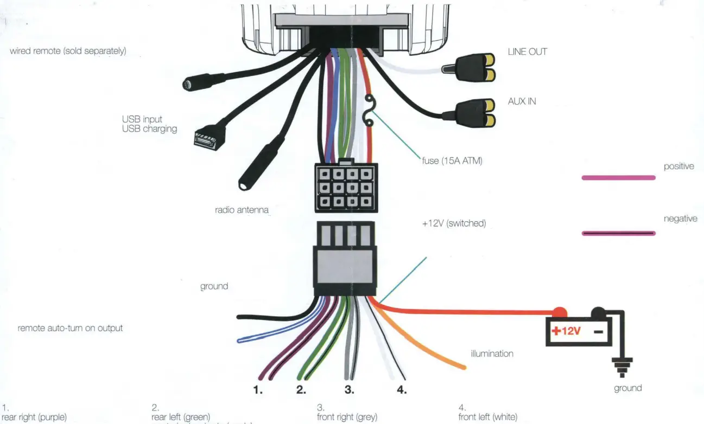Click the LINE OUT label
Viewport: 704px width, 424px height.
(x=527, y=52)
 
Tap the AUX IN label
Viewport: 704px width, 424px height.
(x=522, y=101)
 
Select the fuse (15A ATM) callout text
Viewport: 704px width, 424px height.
(x=452, y=161)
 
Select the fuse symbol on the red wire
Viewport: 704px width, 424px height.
(x=369, y=111)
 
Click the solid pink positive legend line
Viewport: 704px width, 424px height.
(x=618, y=177)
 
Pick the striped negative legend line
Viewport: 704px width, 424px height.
(x=618, y=234)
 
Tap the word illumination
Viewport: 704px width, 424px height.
(x=492, y=354)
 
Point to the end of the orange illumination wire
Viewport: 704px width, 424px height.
(x=462, y=367)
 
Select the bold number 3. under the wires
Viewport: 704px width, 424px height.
(x=349, y=390)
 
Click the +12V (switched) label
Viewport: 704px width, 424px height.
(x=453, y=223)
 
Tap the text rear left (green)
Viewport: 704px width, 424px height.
(x=181, y=417)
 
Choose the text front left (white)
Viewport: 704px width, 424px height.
(x=488, y=417)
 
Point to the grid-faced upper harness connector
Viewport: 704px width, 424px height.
(x=344, y=189)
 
